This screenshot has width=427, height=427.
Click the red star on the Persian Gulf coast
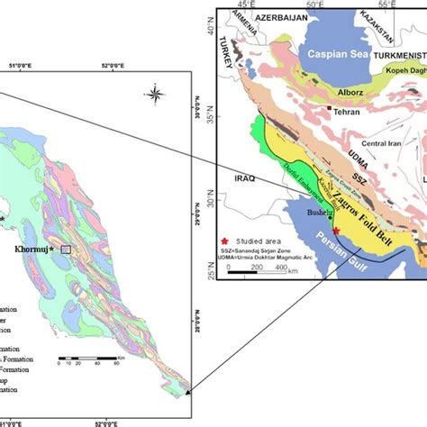(x=335, y=231)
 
